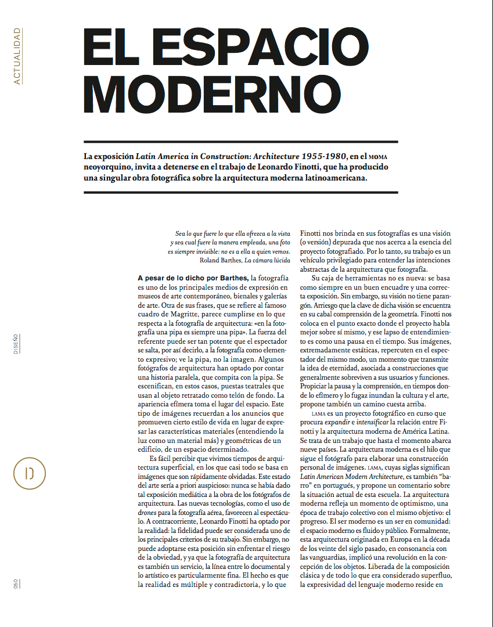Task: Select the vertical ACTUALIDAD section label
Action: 17,56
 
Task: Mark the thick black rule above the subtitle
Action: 240,142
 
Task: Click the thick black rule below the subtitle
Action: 240,192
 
